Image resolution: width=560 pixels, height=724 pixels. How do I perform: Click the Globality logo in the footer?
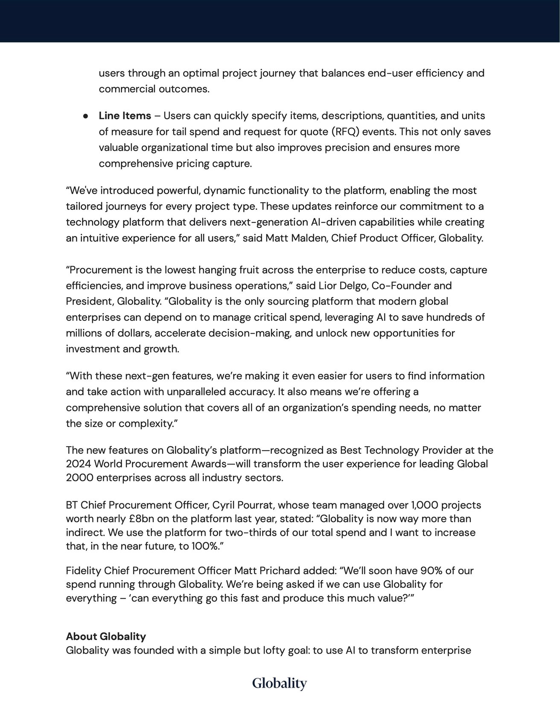(280, 683)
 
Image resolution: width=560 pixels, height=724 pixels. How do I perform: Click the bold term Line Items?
(125, 116)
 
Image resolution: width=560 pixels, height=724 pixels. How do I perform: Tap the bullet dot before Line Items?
(86, 116)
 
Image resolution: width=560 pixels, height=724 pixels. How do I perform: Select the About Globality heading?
(106, 637)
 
